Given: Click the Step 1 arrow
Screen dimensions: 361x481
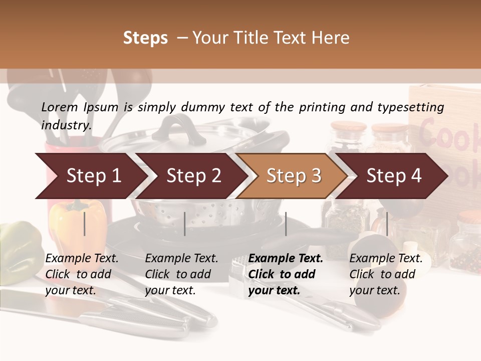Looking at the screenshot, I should [x=90, y=176].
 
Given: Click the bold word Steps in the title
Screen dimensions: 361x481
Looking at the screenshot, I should [x=145, y=38].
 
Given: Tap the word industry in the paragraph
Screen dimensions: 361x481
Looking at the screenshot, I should [x=66, y=125].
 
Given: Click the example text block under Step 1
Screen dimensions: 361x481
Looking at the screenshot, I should [x=82, y=274].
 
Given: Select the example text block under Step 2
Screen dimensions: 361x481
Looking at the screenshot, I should [x=181, y=274].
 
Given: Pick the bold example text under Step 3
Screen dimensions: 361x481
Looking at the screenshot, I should [x=286, y=274].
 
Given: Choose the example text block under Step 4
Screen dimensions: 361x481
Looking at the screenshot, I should [x=386, y=274].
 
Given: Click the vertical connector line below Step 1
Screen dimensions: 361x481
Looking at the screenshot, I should [x=85, y=224].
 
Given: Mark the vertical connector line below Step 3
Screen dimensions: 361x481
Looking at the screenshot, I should [x=286, y=224].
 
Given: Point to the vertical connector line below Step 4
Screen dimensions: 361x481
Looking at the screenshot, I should [x=387, y=224].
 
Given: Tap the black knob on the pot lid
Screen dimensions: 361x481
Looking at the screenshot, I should [x=172, y=128].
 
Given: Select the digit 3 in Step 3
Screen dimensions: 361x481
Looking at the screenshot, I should [x=316, y=176].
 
